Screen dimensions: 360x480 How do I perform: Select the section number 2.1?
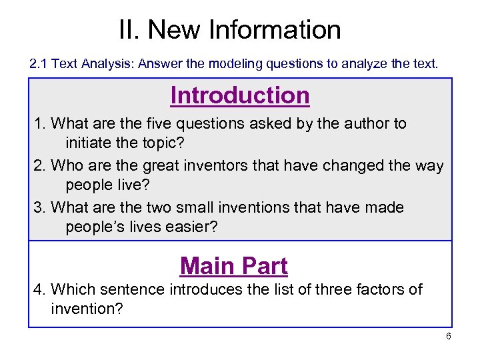click(39, 65)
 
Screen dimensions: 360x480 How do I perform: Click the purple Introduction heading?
click(240, 95)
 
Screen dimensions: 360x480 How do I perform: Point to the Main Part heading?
click(234, 266)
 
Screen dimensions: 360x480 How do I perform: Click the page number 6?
click(449, 336)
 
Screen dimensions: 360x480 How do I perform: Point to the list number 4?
click(38, 289)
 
